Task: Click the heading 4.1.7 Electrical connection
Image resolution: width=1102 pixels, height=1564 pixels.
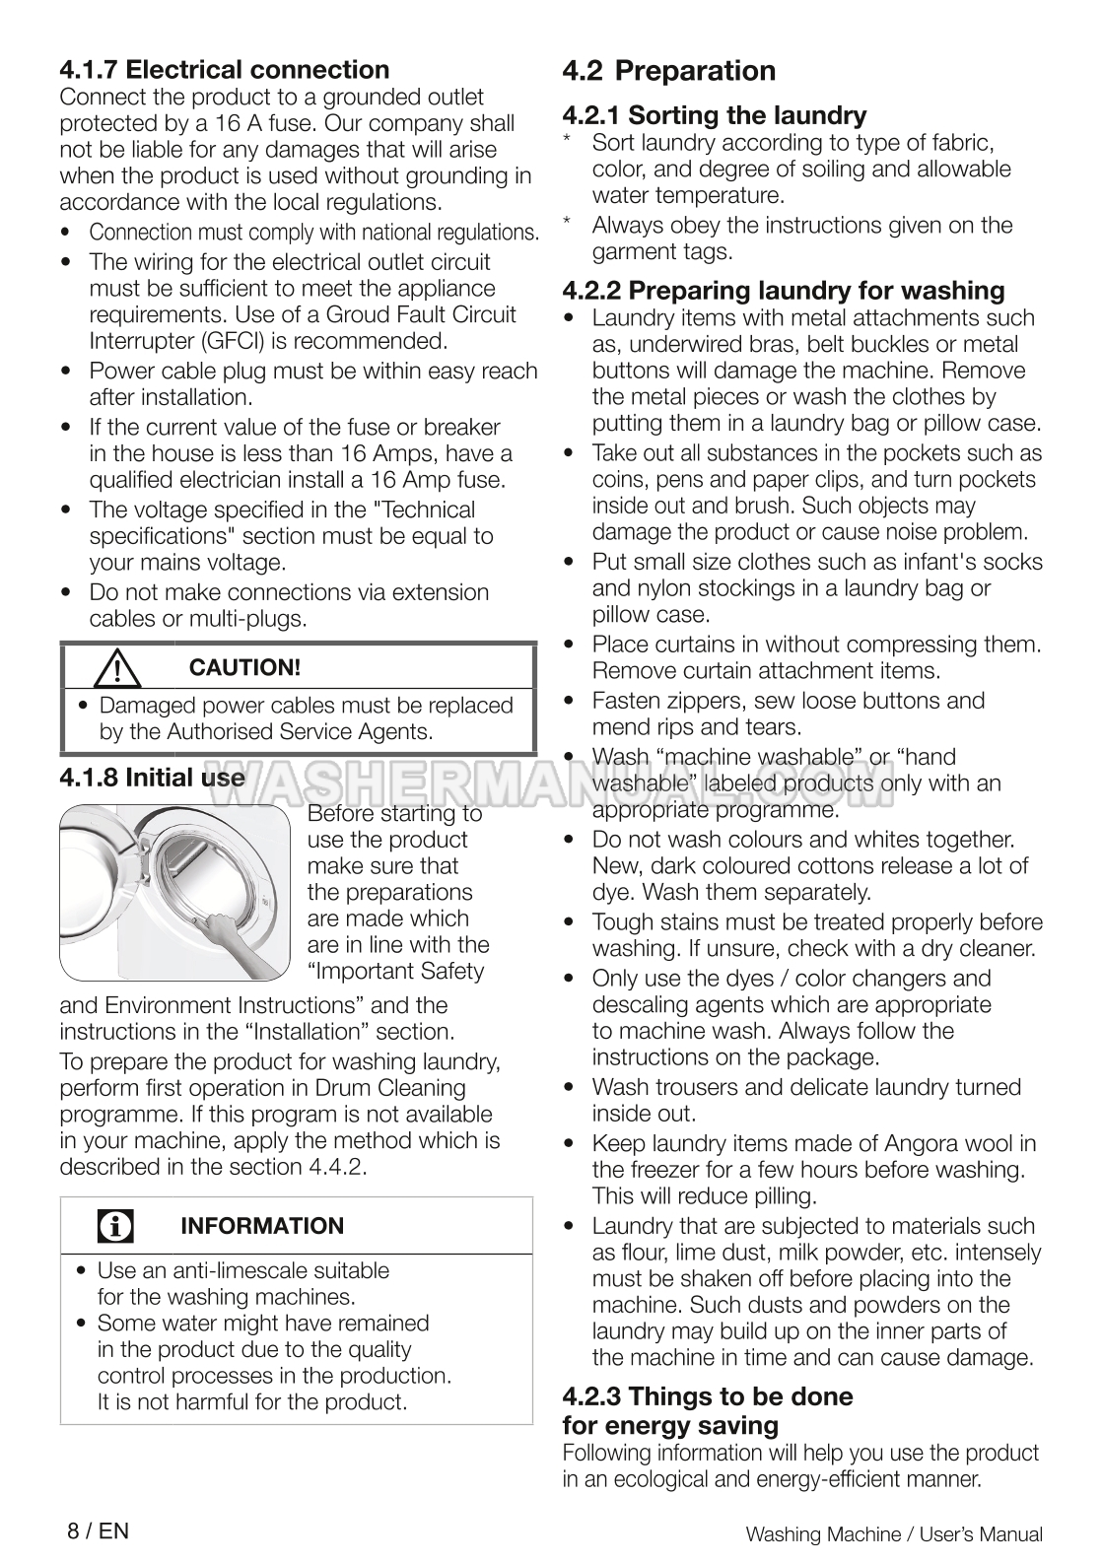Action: tap(225, 70)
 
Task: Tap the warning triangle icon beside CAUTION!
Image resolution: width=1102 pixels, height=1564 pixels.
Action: tap(117, 669)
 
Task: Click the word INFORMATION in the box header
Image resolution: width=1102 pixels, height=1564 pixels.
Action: tap(262, 1227)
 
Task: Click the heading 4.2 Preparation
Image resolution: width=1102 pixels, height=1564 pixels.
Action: tap(669, 71)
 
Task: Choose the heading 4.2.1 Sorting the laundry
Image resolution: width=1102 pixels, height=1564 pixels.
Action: tap(715, 115)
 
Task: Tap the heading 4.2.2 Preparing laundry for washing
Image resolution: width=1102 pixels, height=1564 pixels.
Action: tap(784, 291)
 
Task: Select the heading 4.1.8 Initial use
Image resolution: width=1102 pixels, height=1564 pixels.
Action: tap(152, 778)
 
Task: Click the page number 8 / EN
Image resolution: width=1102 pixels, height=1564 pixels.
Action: tap(98, 1530)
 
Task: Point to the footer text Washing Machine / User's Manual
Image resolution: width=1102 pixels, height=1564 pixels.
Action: tap(894, 1534)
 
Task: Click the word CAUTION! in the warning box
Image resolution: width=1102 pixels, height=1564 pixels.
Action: tap(244, 667)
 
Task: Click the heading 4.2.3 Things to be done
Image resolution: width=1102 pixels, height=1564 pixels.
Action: tap(708, 1396)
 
